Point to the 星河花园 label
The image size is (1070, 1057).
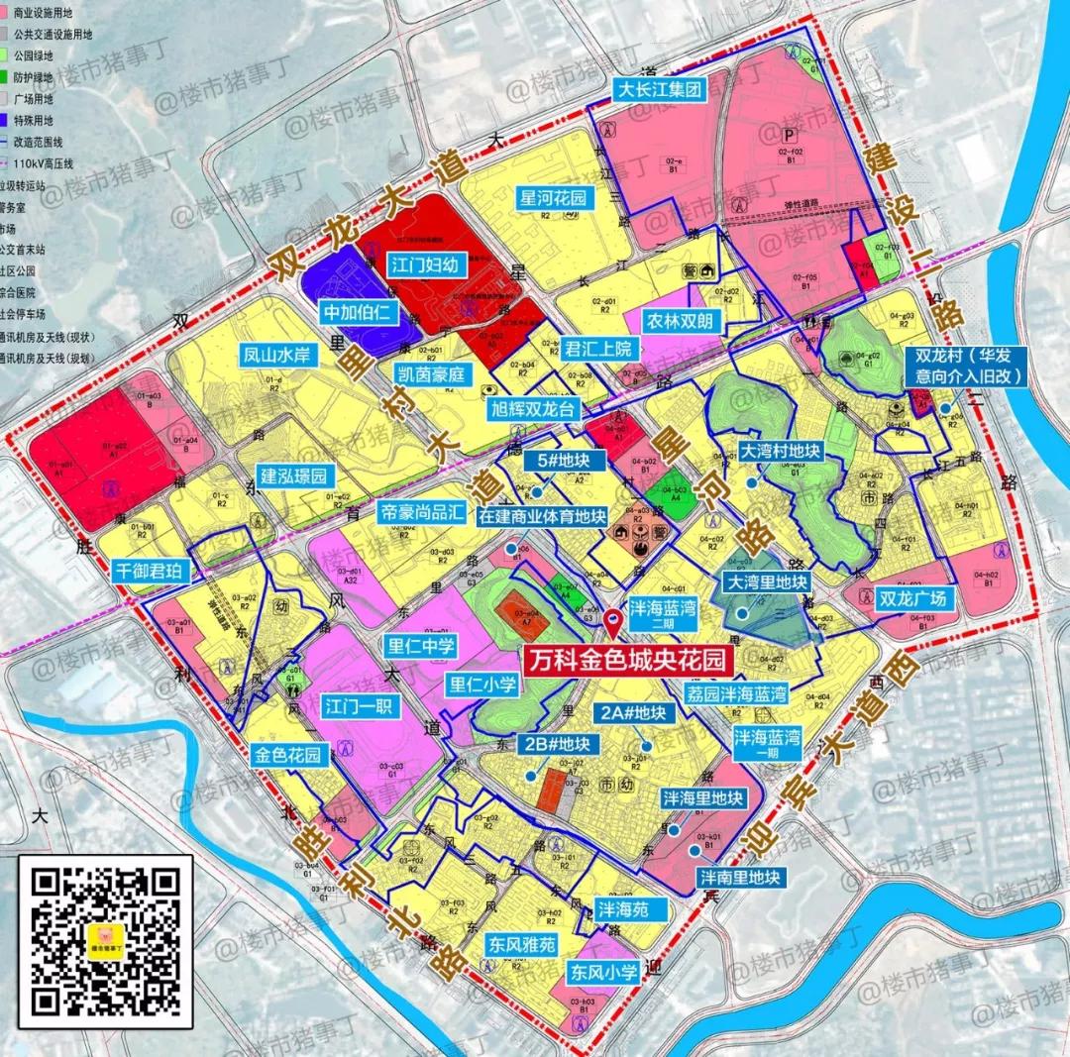click(554, 198)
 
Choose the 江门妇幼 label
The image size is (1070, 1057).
click(424, 264)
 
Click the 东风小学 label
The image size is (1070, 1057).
click(603, 973)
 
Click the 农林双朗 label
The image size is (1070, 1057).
click(681, 321)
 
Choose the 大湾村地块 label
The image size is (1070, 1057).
click(782, 451)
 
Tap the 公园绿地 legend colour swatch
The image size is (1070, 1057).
click(7, 55)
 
